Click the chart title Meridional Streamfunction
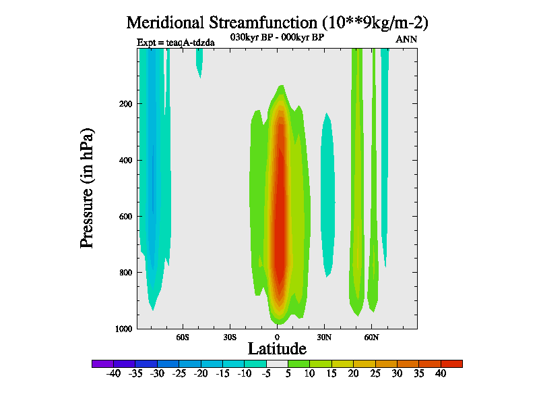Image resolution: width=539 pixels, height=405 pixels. [x=277, y=22]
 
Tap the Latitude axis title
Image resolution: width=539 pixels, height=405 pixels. [x=277, y=348]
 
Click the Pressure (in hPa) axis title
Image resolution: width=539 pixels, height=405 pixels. [x=87, y=187]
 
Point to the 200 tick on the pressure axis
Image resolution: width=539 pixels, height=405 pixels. [x=123, y=104]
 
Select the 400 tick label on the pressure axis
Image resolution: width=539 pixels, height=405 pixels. [x=123, y=160]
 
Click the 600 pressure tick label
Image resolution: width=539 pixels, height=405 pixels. [x=123, y=217]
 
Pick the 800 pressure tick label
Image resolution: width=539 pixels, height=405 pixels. [x=123, y=273]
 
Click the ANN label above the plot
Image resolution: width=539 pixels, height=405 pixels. [x=406, y=39]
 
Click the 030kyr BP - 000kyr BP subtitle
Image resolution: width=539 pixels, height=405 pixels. [x=277, y=38]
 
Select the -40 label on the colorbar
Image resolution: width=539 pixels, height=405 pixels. [x=113, y=373]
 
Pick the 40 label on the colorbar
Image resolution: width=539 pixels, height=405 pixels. [x=441, y=373]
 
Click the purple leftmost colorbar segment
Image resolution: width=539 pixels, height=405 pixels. [x=102, y=364]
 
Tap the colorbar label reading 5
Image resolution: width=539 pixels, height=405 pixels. [x=288, y=373]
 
